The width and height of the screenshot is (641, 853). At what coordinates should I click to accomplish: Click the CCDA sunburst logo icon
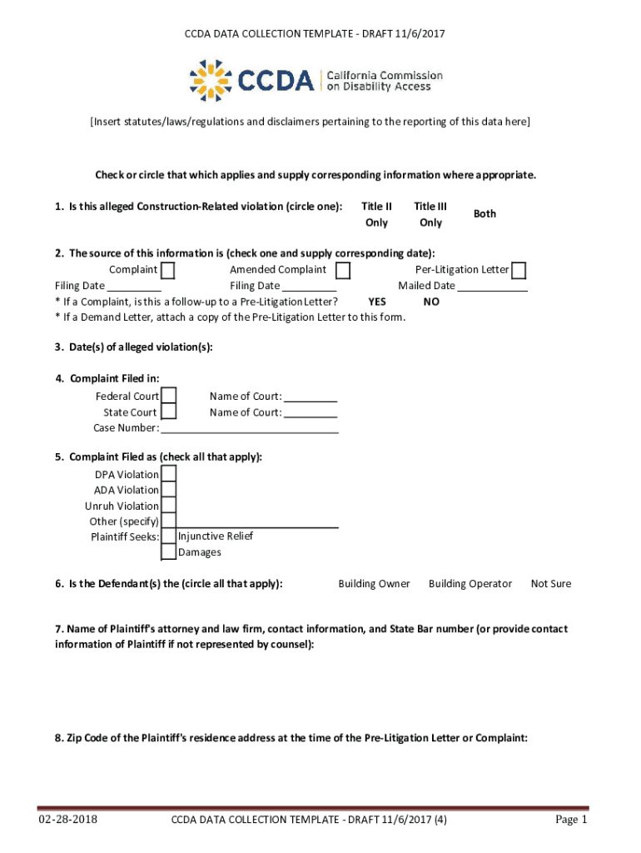[211, 80]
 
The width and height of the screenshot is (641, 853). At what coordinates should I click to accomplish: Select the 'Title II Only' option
[376, 214]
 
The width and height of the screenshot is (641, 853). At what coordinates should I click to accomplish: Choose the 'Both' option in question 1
[484, 214]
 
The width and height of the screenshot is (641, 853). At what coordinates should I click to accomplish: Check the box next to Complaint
[168, 271]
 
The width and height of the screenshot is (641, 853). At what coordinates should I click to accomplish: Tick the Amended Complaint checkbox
[343, 271]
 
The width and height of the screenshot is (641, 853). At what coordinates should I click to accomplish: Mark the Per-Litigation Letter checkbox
[519, 271]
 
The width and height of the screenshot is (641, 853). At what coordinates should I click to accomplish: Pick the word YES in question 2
[376, 302]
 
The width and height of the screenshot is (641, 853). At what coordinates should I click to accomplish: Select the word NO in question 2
[431, 302]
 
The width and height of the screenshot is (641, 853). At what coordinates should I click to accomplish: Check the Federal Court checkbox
[169, 396]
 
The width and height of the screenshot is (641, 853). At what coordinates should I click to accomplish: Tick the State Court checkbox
[169, 412]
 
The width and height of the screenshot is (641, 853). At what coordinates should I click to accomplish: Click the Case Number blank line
[250, 429]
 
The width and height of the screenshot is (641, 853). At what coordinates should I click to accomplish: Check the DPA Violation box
[169, 474]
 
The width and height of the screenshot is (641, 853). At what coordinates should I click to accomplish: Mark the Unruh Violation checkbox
[169, 506]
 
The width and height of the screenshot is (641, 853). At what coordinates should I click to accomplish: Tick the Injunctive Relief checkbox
[169, 536]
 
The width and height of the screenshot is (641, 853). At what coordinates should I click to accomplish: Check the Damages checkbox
[169, 552]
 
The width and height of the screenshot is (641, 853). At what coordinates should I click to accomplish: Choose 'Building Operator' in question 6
[470, 584]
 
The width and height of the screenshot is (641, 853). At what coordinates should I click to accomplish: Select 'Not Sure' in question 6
[551, 584]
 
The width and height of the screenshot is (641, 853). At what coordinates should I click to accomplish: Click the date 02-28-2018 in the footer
[67, 820]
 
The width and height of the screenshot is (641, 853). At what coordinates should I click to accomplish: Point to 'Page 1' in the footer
[572, 820]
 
